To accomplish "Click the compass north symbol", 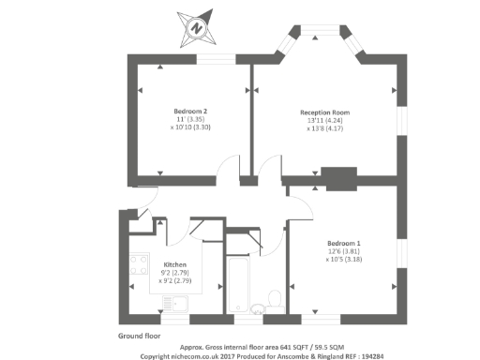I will tap(196, 27).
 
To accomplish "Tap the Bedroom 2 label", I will tap(190, 112).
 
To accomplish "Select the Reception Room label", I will tap(318, 112).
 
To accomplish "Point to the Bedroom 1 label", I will tap(345, 244).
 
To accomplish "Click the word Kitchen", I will tap(176, 264).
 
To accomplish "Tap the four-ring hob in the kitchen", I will tap(139, 264).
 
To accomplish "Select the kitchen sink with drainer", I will tap(176, 303).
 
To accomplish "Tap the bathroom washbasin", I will tap(256, 307).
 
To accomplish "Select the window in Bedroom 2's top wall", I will tap(216, 59).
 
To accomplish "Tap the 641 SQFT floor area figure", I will tap(279, 346).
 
